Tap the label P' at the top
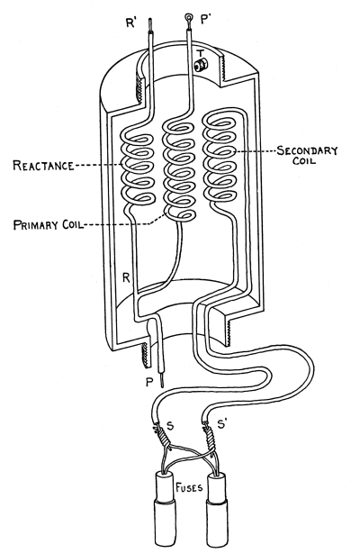click(x=205, y=20)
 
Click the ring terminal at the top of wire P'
click(x=189, y=17)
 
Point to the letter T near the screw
click(x=201, y=53)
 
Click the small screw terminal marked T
click(x=201, y=65)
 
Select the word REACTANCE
click(x=43, y=166)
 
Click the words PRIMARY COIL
click(x=49, y=224)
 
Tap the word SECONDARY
click(x=307, y=150)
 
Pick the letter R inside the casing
click(x=126, y=278)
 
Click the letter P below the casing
click(x=149, y=382)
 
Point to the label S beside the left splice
click(x=170, y=426)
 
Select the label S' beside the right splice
click(x=222, y=424)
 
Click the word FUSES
click(x=189, y=487)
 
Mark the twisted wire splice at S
click(x=162, y=436)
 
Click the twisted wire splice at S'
click(x=209, y=433)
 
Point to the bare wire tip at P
click(x=162, y=381)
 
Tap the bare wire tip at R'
click(x=150, y=25)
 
